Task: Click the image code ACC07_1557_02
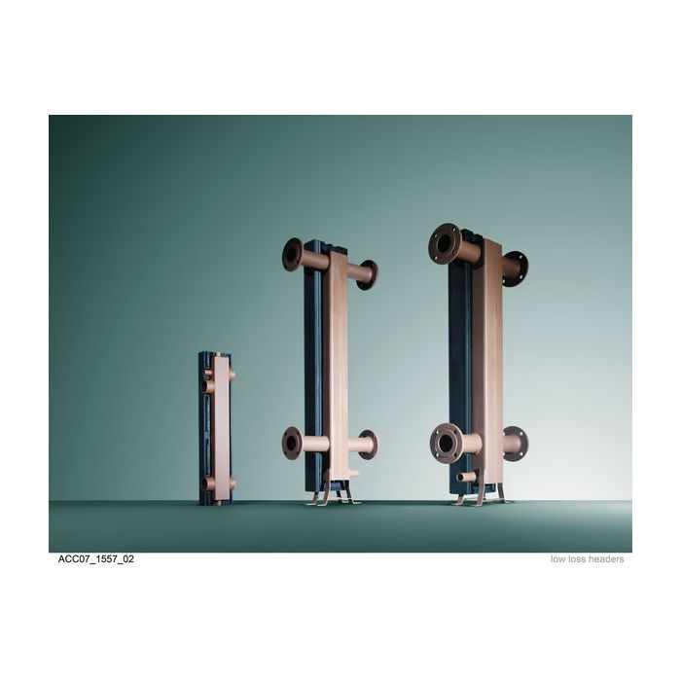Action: click(94, 559)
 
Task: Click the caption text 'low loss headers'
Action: click(587, 559)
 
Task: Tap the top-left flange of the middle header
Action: click(293, 254)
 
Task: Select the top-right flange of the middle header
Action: click(368, 274)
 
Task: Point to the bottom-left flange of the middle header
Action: click(292, 443)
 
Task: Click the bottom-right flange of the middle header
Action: click(368, 445)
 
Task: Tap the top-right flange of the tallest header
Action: click(516, 267)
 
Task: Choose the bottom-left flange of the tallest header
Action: click(445, 443)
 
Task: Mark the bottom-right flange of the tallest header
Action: click(516, 444)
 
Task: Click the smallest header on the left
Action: click(217, 428)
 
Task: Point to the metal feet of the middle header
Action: click(331, 495)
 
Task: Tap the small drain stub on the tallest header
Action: click(467, 477)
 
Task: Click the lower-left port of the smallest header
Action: click(207, 484)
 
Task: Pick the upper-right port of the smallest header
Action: click(231, 375)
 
